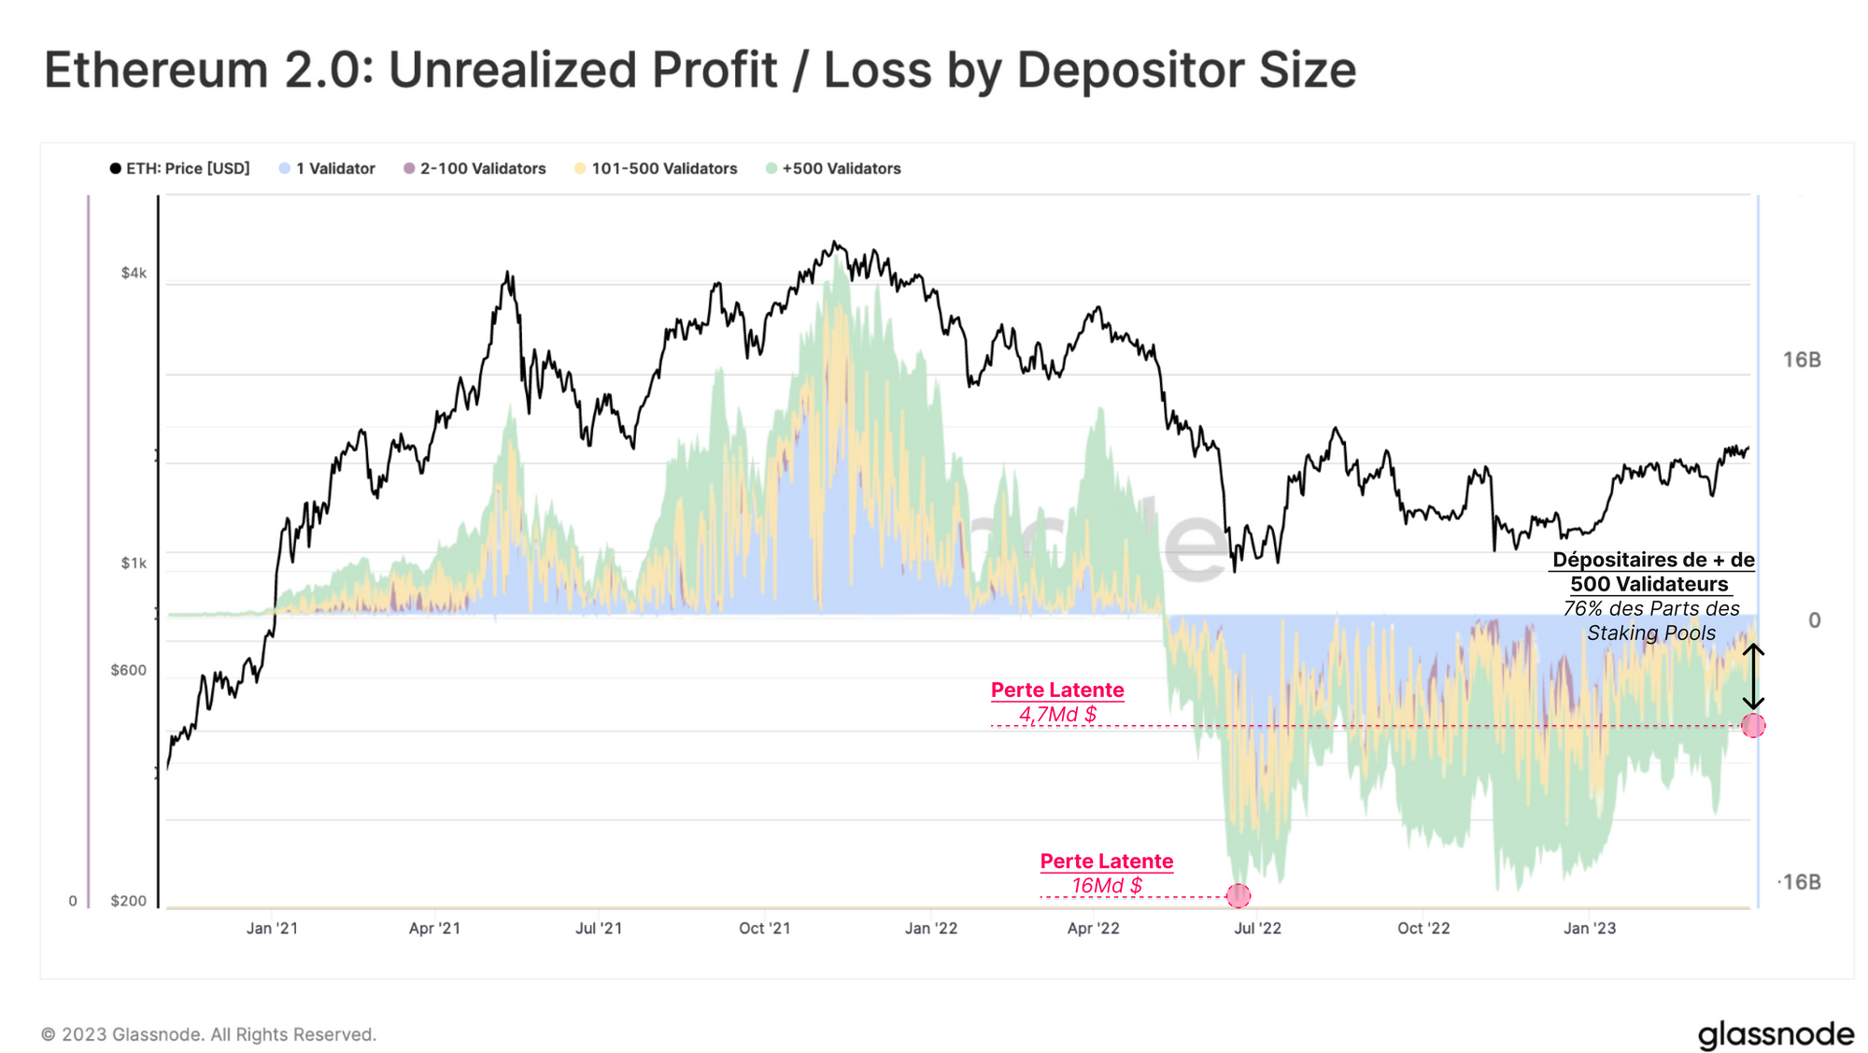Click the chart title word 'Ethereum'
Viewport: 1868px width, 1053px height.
(156, 70)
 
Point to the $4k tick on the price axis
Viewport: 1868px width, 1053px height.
(134, 273)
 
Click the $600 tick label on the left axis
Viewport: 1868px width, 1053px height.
(129, 670)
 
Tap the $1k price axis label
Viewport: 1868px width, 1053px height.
(134, 563)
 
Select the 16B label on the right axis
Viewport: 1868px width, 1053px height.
(1802, 360)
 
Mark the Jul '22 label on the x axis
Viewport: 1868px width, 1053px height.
(1257, 928)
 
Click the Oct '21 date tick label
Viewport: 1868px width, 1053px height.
(764, 928)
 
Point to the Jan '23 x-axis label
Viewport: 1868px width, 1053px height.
(1590, 928)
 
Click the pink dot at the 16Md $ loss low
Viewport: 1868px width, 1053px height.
(1238, 896)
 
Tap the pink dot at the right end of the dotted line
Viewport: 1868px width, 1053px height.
(1753, 725)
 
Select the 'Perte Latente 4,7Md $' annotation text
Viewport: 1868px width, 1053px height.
(1057, 702)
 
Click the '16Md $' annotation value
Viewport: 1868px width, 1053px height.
(1107, 885)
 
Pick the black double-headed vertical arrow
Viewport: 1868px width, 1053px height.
(1753, 676)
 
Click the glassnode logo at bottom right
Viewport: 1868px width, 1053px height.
(1776, 1034)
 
